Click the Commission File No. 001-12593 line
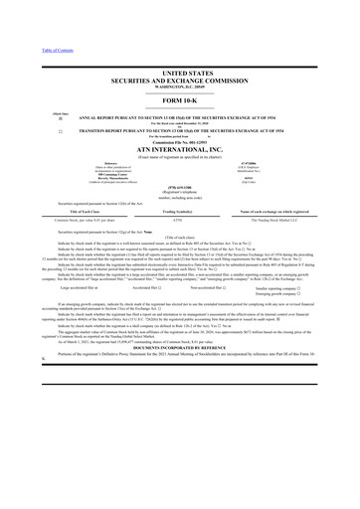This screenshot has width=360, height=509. (180, 149)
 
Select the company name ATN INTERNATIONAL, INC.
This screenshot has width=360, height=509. (180, 157)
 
